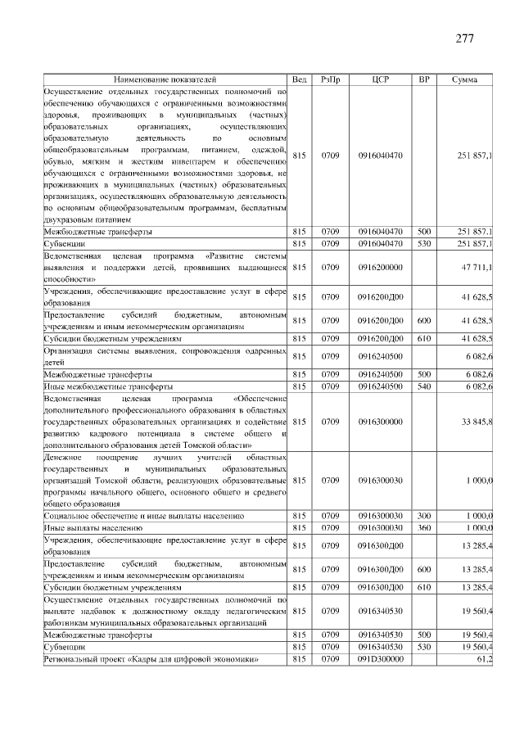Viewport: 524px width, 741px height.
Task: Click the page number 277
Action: coord(465,38)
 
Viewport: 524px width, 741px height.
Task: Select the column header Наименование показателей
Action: coord(165,80)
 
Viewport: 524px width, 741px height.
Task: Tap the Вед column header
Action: coord(300,80)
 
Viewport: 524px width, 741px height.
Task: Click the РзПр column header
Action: coord(331,80)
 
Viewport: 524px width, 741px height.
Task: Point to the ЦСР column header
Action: coord(380,80)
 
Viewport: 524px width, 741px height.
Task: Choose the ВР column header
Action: coord(424,80)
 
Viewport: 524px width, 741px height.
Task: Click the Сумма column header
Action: coord(465,80)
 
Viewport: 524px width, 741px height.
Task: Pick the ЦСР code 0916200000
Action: coord(380,267)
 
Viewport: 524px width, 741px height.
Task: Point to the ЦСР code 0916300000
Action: coord(380,422)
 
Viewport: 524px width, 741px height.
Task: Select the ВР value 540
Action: coord(424,386)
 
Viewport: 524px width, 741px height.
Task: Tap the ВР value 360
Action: coord(424,528)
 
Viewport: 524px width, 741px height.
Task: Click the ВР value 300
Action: coord(424,517)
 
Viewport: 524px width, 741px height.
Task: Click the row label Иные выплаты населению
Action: coord(93,528)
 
